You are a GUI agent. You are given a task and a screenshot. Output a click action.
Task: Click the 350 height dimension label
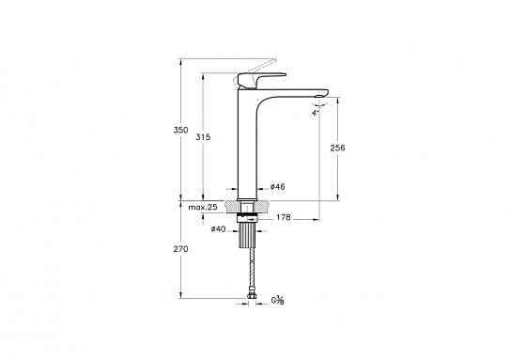[181, 131]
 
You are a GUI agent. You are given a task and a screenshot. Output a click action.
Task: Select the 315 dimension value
[203, 137]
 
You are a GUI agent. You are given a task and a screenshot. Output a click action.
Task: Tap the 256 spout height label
[337, 148]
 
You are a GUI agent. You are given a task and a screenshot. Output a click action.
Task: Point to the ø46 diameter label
[277, 187]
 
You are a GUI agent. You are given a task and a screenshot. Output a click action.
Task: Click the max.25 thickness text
[203, 208]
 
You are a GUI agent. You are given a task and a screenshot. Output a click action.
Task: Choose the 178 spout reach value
[284, 217]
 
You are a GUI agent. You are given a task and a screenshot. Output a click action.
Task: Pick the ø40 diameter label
[218, 229]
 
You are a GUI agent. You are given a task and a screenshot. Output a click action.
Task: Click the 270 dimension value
[181, 249]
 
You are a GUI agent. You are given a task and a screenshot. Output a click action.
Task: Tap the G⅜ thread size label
[278, 301]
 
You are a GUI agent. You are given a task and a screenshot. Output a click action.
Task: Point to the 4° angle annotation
[315, 114]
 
